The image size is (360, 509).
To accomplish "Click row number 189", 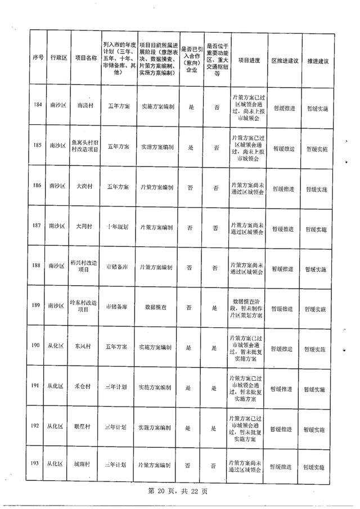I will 37,305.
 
